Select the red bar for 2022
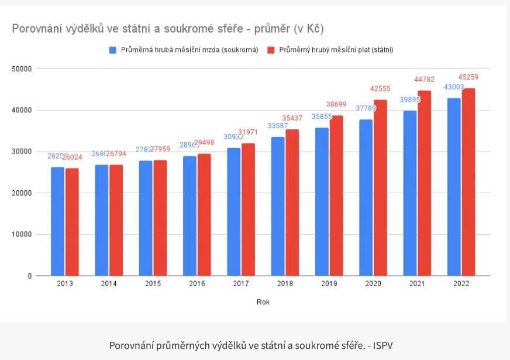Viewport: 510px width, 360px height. tap(468, 182)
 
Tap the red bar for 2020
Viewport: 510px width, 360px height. tap(380, 188)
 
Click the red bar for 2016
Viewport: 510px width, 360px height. tap(204, 215)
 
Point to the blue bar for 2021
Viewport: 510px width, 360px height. tap(410, 193)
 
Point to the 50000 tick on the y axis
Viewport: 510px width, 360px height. tap(22, 69)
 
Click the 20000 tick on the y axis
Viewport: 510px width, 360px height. tap(22, 193)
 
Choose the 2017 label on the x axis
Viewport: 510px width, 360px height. tap(241, 284)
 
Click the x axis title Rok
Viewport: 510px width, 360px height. tap(263, 302)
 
